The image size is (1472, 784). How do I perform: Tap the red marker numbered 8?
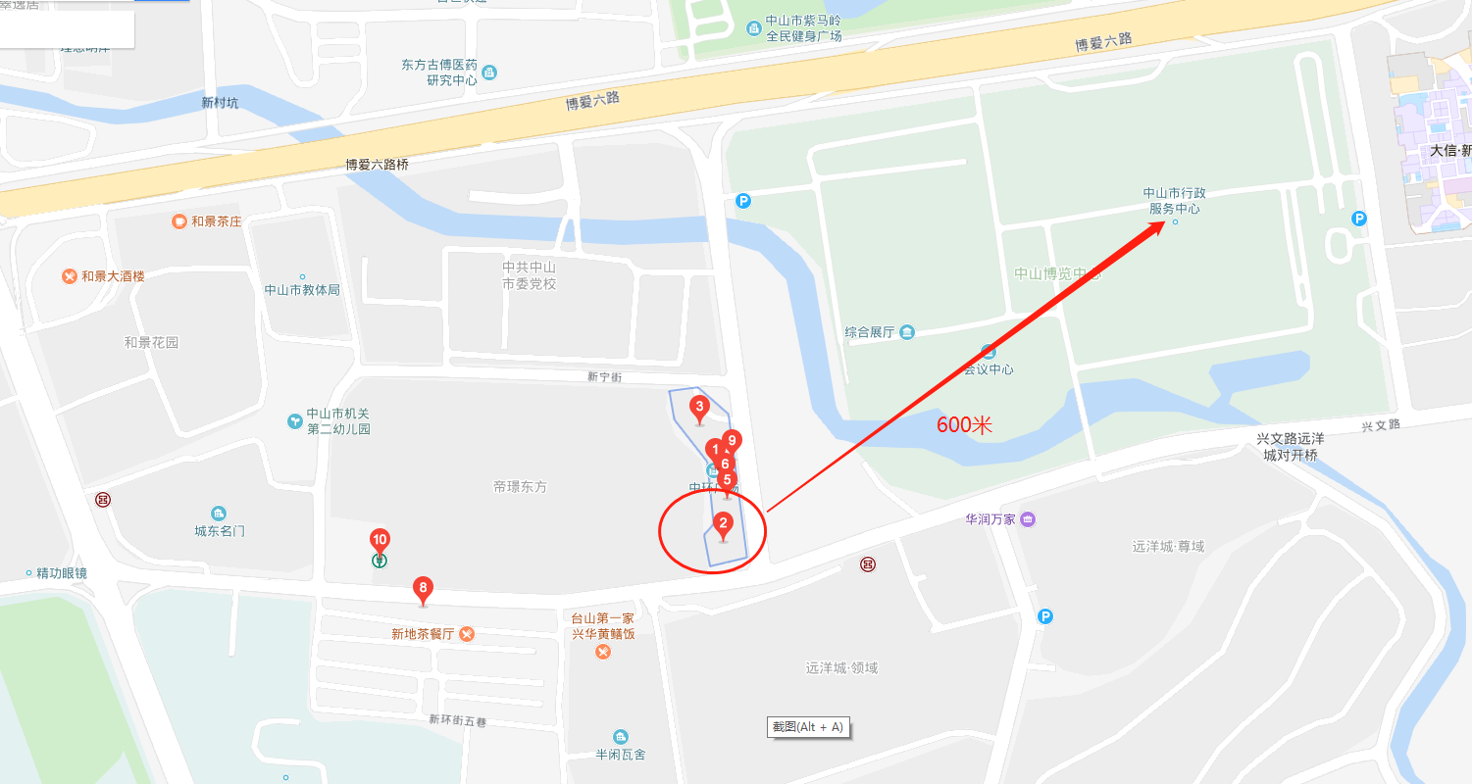tap(423, 590)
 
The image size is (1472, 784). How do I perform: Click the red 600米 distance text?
tap(965, 425)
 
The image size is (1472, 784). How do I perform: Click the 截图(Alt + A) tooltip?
tap(807, 727)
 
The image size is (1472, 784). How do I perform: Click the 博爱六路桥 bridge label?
tap(377, 165)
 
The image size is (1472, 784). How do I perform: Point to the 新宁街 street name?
tap(605, 377)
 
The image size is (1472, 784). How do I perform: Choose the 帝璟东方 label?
tap(520, 487)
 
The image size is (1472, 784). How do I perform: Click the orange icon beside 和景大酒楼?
tap(69, 276)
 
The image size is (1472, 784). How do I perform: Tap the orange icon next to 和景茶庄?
tap(178, 221)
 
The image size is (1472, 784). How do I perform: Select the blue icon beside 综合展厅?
tap(907, 332)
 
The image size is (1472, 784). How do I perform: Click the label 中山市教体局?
tap(302, 290)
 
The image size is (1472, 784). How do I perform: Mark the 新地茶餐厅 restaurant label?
tap(423, 634)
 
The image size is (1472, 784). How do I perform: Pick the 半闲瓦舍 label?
tap(621, 754)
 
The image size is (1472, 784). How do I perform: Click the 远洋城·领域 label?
tap(841, 668)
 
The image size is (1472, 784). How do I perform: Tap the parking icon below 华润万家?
tap(1045, 616)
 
